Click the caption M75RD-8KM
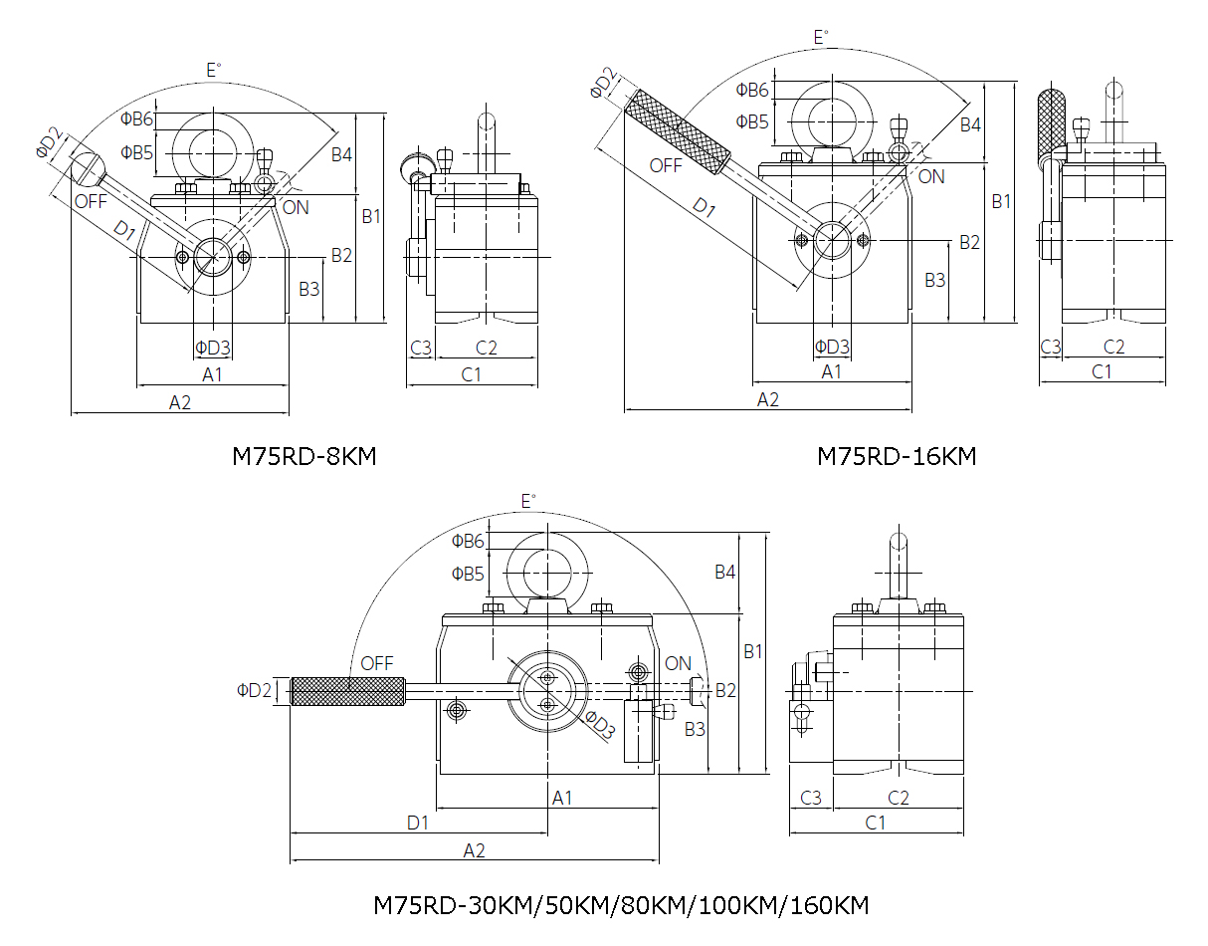(304, 456)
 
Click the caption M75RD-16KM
(897, 456)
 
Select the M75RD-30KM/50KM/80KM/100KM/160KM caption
(621, 906)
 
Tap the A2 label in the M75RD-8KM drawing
(180, 402)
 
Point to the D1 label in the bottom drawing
(418, 823)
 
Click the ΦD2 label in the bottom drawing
(254, 690)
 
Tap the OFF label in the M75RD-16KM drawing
(666, 165)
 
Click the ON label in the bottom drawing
(678, 663)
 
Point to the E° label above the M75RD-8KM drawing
(213, 70)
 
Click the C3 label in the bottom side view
(811, 797)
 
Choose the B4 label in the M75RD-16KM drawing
(970, 124)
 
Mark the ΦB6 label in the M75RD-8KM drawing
(136, 119)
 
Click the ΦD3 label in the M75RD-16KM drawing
(832, 347)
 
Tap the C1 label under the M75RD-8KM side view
(471, 374)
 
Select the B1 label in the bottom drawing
(753, 651)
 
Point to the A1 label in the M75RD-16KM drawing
(832, 371)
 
